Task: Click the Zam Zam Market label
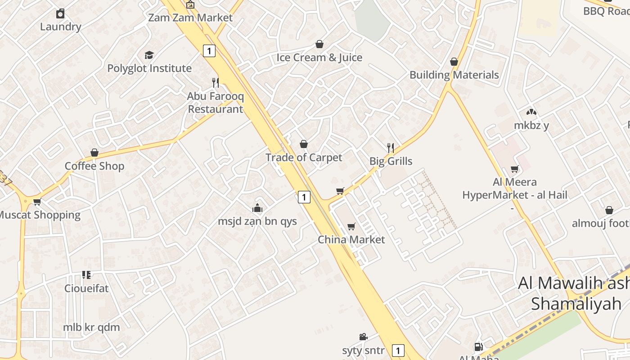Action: (x=190, y=18)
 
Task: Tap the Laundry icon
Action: (x=60, y=13)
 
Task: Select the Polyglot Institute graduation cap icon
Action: (x=149, y=55)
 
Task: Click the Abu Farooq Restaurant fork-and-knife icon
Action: (x=216, y=82)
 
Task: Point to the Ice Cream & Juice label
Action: (x=319, y=58)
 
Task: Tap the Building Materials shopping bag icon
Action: (x=454, y=62)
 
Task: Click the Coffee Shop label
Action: (x=94, y=166)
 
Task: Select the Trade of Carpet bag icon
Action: (x=304, y=144)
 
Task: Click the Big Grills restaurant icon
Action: (x=391, y=147)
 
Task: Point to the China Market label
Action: (x=351, y=239)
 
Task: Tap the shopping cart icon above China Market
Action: (x=351, y=226)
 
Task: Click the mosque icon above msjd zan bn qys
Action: (x=257, y=208)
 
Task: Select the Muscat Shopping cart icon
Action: (x=37, y=202)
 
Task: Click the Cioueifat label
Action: (x=86, y=288)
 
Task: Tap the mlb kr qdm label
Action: (x=91, y=327)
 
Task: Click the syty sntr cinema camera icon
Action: (x=363, y=337)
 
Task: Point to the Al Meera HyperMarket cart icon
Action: (x=515, y=169)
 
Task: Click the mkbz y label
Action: (x=531, y=126)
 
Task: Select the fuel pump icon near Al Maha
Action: (x=478, y=346)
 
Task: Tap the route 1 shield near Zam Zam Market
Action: (x=209, y=51)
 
